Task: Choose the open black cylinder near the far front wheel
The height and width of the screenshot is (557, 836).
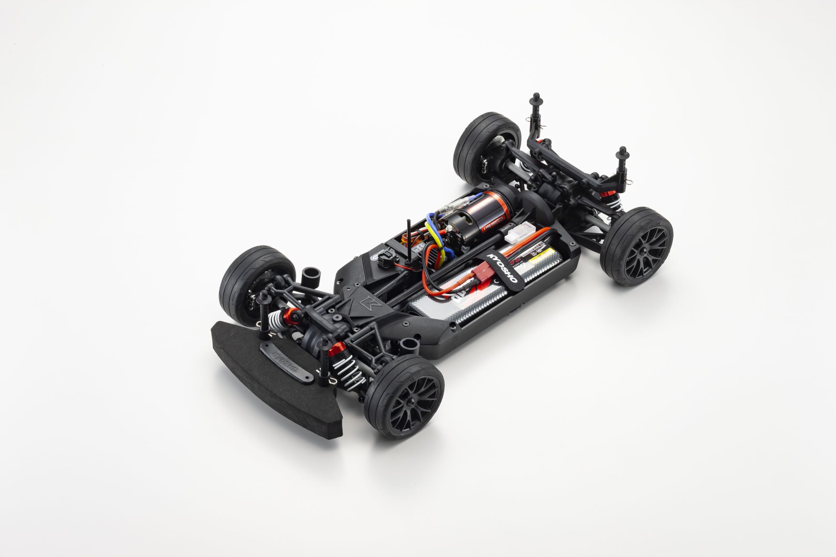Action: pos(311,276)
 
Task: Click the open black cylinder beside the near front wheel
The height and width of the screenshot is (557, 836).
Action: pos(409,346)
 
